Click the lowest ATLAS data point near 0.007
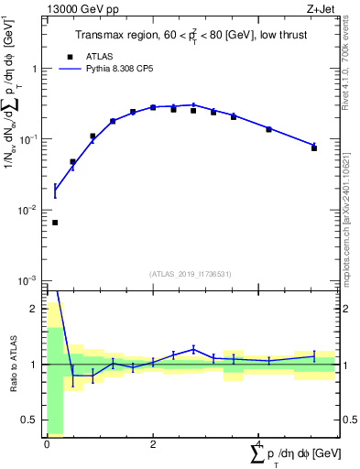[x=54, y=223]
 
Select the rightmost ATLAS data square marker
[x=314, y=147]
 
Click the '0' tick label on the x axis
[x=47, y=444]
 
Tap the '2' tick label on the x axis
[x=152, y=444]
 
